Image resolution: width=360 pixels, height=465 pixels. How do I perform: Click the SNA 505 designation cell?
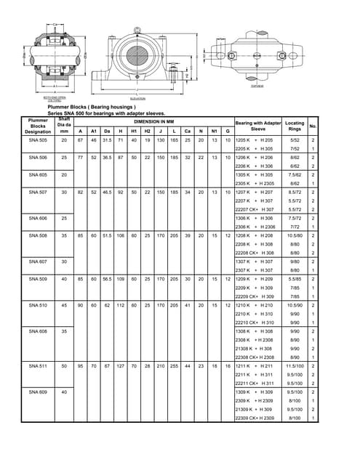point(37,140)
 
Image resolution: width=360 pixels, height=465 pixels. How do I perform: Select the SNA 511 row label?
point(37,365)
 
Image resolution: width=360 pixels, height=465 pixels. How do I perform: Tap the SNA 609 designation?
point(37,392)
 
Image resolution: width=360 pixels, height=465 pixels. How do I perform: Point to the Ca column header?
point(188,130)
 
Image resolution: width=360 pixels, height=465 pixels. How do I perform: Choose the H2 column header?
point(147,130)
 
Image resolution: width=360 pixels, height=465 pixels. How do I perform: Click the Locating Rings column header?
point(295,125)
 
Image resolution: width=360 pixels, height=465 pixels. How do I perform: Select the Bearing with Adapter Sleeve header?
point(258,125)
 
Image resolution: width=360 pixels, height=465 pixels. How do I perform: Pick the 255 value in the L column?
point(175,365)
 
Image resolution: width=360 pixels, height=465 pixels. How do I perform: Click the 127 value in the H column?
point(121,365)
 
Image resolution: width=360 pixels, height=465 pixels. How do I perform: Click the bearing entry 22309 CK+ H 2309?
point(255,418)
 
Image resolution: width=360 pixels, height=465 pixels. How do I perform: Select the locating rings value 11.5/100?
point(295,365)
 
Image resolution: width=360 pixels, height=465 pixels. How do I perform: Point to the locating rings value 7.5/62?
point(295,175)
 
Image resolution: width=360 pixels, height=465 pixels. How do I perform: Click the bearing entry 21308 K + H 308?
point(255,348)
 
